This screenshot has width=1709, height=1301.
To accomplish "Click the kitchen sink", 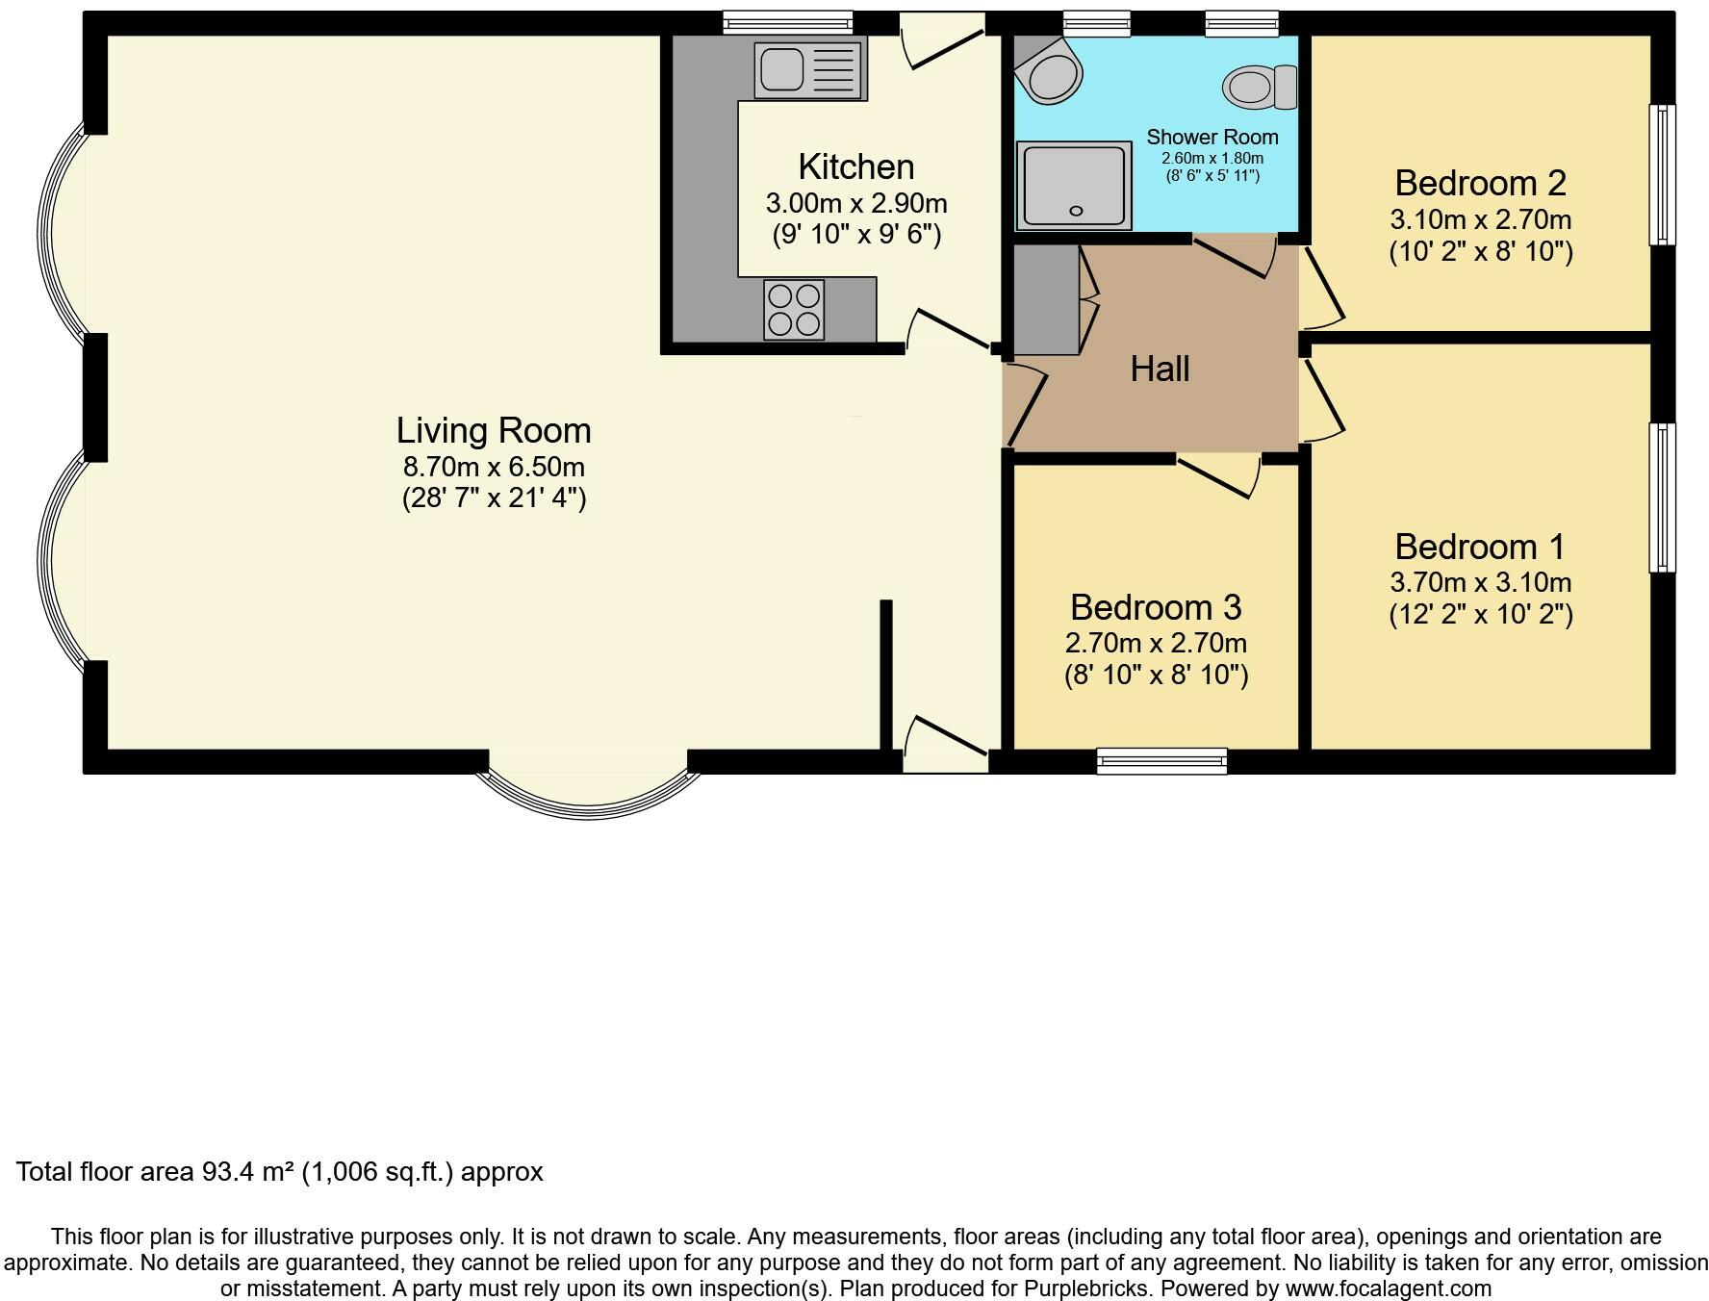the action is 810,70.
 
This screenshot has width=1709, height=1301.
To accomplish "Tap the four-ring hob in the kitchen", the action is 794,309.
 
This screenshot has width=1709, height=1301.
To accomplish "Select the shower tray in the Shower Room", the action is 1074,186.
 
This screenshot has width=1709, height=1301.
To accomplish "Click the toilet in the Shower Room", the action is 1260,87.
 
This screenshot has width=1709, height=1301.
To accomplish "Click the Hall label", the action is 1160,369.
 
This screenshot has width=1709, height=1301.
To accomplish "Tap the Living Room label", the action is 494,430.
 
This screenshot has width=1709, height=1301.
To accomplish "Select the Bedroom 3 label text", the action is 1156,607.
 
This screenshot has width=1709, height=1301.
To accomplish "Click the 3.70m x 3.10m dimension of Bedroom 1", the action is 1481,582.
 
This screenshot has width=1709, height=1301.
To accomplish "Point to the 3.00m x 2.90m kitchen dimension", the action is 856,203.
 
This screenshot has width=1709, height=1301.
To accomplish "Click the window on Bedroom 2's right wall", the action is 1663,174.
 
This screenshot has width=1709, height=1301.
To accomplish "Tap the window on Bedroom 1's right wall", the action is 1663,497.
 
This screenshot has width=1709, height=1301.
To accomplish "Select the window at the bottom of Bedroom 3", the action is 1162,761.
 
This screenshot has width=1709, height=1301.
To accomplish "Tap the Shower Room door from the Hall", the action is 1236,256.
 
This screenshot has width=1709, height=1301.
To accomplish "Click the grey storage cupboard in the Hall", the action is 1047,299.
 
